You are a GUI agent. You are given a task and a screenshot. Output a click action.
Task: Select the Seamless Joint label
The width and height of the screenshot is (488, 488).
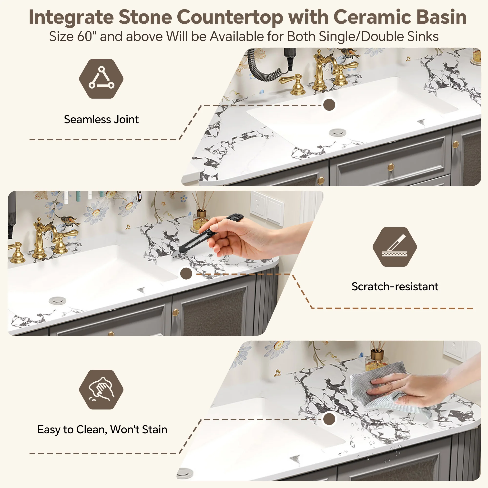101,119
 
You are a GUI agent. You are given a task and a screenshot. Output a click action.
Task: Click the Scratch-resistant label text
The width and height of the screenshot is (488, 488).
395,286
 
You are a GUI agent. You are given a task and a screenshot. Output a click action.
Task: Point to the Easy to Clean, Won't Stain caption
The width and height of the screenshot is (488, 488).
102,429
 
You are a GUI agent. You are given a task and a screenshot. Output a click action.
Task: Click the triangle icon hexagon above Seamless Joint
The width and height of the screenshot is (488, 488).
101,79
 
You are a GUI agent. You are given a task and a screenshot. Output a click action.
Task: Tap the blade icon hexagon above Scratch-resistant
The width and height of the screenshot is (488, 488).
395,247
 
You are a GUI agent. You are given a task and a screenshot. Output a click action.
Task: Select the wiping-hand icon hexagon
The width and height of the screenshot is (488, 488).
101,389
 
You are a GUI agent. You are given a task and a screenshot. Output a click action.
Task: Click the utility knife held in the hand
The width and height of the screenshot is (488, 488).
208,236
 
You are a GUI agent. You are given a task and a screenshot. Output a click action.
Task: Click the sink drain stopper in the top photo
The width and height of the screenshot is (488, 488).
338,132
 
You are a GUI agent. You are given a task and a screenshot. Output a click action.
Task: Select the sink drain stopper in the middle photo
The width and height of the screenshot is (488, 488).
58,301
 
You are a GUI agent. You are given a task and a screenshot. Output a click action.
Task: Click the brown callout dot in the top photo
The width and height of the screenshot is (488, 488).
329,105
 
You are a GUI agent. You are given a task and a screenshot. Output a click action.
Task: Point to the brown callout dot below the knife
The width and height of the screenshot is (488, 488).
186,274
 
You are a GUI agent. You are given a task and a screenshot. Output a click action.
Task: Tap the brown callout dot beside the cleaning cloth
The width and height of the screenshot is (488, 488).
329,419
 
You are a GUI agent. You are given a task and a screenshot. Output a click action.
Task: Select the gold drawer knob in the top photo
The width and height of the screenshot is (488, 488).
391,167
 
